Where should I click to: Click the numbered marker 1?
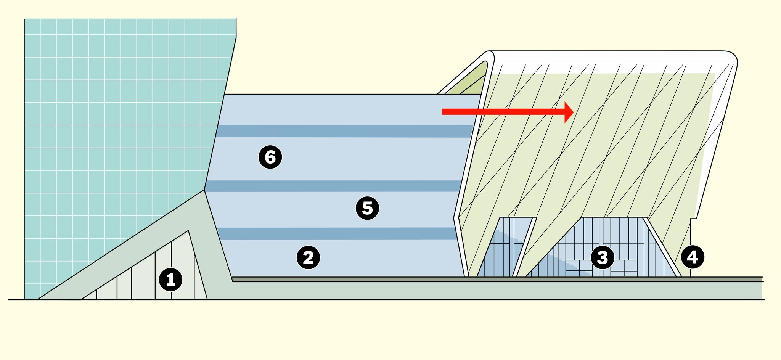pyautogui.click(x=170, y=280)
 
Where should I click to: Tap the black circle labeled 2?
pyautogui.click(x=308, y=257)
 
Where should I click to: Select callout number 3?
pyautogui.click(x=602, y=257)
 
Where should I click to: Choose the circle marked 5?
pyautogui.click(x=367, y=208)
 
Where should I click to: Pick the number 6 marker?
pyautogui.click(x=270, y=157)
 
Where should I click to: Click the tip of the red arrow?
pyautogui.click(x=573, y=112)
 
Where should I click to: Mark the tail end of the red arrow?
pyautogui.click(x=443, y=112)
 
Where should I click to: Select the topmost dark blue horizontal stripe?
pyautogui.click(x=343, y=131)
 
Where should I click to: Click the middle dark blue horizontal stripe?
pyautogui.click(x=332, y=186)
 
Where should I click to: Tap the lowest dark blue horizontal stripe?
pyautogui.click(x=336, y=234)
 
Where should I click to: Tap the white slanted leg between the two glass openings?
pyautogui.click(x=525, y=248)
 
